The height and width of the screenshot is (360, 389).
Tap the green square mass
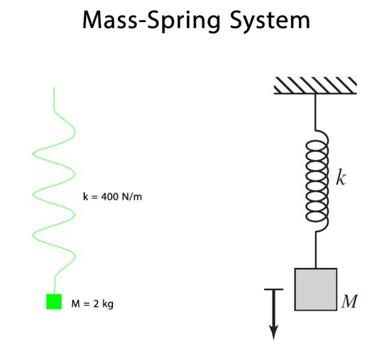tap(54, 302)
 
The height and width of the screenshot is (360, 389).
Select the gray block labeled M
tap(316, 289)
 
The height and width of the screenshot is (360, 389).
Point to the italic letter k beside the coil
tap(341, 178)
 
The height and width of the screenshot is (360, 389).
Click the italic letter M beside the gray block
tap(349, 302)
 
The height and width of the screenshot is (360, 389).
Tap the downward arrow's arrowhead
tap(274, 331)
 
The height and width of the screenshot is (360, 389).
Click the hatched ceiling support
tap(315, 85)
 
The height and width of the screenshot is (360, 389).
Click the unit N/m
tap(130, 197)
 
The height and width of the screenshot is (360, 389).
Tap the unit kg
tap(106, 304)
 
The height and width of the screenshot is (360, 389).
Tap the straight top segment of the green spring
tap(54, 97)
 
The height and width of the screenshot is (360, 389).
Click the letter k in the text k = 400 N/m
tap(86, 197)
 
